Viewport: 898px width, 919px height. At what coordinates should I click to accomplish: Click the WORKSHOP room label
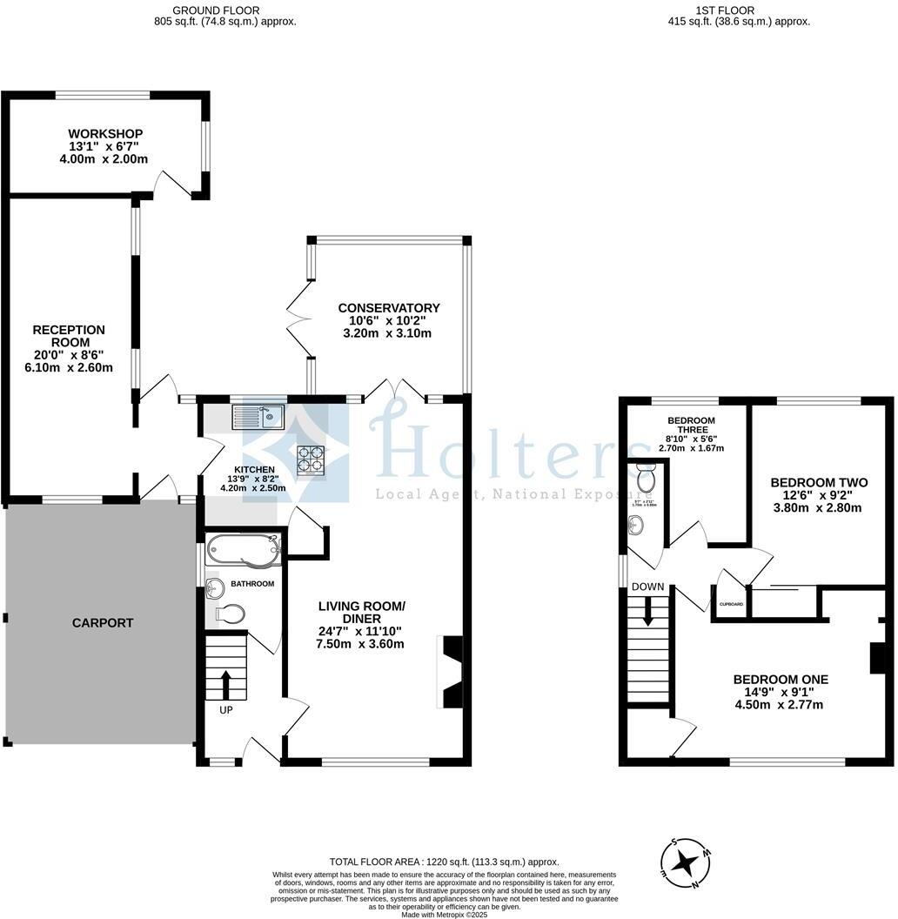pyautogui.click(x=105, y=133)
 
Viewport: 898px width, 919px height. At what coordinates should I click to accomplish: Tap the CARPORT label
pyautogui.click(x=103, y=623)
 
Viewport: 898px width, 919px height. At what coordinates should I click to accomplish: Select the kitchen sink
pyautogui.click(x=258, y=418)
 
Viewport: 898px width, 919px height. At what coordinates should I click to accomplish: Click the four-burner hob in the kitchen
pyautogui.click(x=311, y=458)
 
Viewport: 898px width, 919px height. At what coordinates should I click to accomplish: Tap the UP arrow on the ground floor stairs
pyautogui.click(x=226, y=685)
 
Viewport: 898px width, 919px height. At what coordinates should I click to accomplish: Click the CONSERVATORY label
pyautogui.click(x=389, y=308)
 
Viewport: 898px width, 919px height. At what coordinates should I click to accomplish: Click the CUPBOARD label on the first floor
pyautogui.click(x=731, y=604)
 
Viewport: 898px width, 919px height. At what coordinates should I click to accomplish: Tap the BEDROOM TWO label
pyautogui.click(x=819, y=482)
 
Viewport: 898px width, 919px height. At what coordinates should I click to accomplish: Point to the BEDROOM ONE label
pyautogui.click(x=780, y=680)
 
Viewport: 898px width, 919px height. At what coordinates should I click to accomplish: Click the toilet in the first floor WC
pyautogui.click(x=646, y=478)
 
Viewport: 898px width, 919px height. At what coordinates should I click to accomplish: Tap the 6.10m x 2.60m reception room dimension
pyautogui.click(x=69, y=367)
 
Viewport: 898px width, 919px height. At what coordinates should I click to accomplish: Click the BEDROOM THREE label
pyautogui.click(x=691, y=425)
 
